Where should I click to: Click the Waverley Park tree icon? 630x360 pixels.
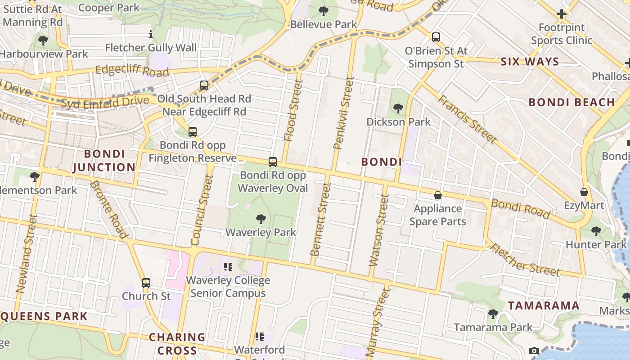(261, 219)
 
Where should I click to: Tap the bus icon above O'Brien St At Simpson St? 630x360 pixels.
(436, 37)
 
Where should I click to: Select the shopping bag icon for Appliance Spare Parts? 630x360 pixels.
(437, 195)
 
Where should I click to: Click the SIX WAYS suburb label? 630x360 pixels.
(530, 62)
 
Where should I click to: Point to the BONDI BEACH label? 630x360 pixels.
(571, 102)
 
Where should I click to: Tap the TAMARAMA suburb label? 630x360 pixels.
(544, 306)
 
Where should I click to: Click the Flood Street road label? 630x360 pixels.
(292, 110)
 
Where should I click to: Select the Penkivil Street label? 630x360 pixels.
(344, 113)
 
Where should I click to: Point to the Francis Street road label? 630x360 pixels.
(468, 119)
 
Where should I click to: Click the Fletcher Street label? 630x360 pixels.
(524, 260)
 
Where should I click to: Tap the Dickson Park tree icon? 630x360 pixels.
(398, 108)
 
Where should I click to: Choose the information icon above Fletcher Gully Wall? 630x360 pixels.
(151, 34)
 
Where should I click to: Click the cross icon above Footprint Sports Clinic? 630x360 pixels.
(561, 14)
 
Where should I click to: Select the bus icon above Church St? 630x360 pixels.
(146, 283)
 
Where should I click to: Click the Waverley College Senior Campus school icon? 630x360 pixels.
(228, 267)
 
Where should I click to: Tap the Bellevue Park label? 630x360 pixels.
(323, 24)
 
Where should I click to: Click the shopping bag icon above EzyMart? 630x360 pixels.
(584, 192)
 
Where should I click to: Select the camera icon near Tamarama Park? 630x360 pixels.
(534, 351)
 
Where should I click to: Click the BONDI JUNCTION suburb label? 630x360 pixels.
(104, 161)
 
